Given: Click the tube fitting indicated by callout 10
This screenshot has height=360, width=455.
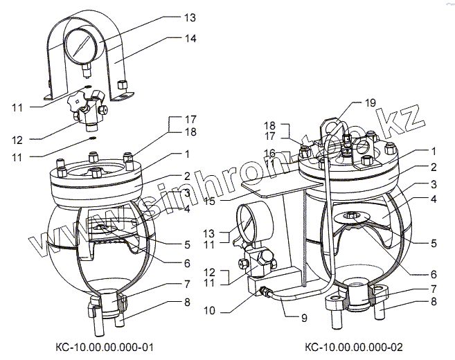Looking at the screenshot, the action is (x=265, y=291).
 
